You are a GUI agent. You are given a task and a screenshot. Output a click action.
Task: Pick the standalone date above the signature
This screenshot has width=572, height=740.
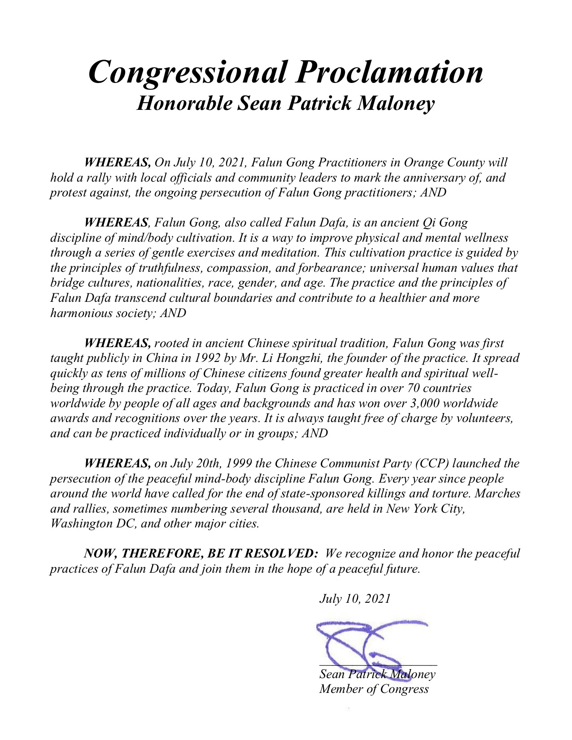point(354,599)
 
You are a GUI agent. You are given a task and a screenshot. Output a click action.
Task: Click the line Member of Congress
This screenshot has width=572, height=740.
point(374,689)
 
